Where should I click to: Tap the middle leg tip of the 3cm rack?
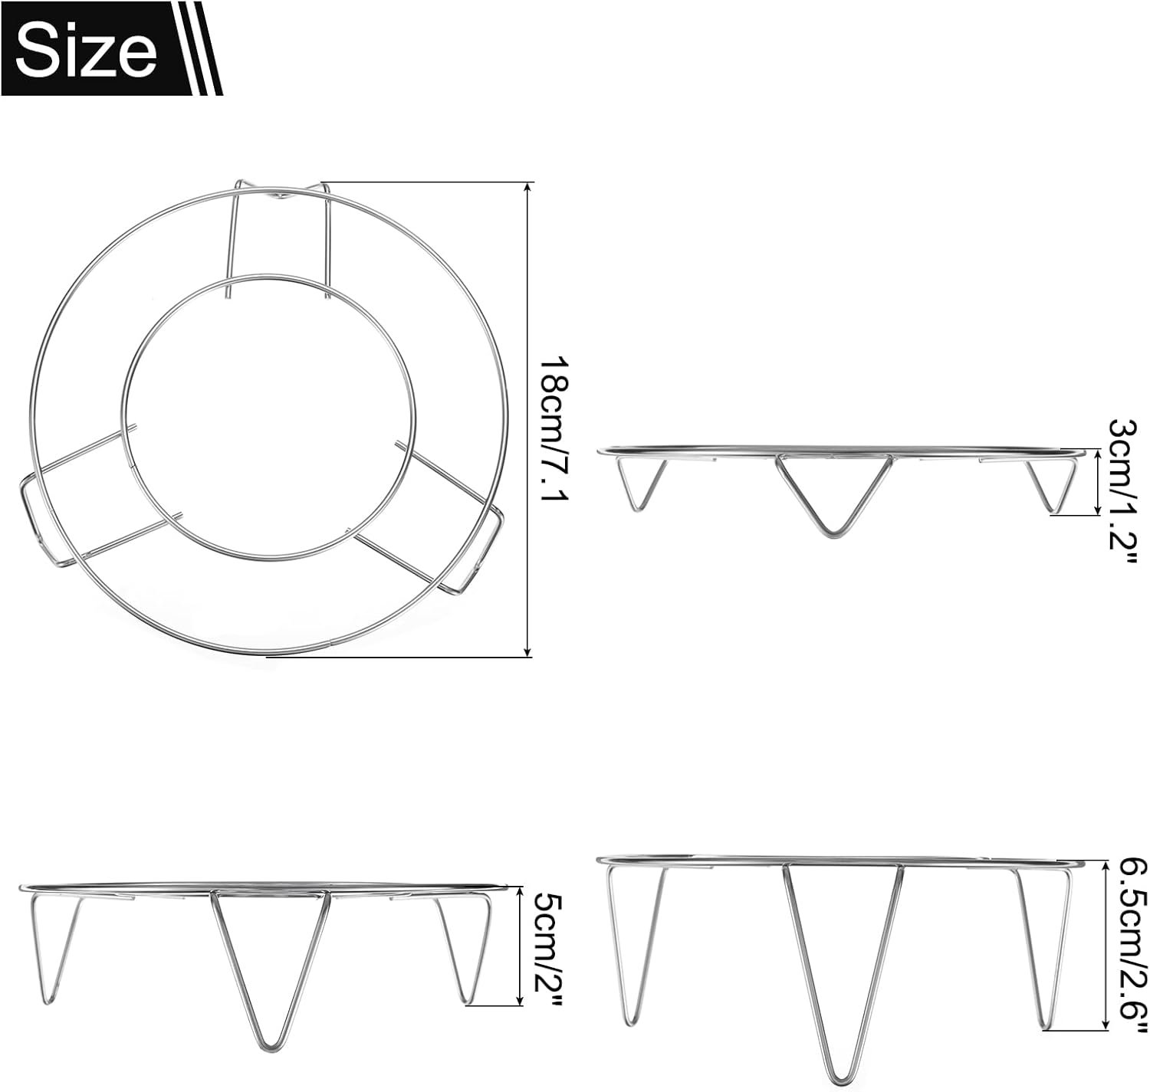pyautogui.click(x=832, y=533)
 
